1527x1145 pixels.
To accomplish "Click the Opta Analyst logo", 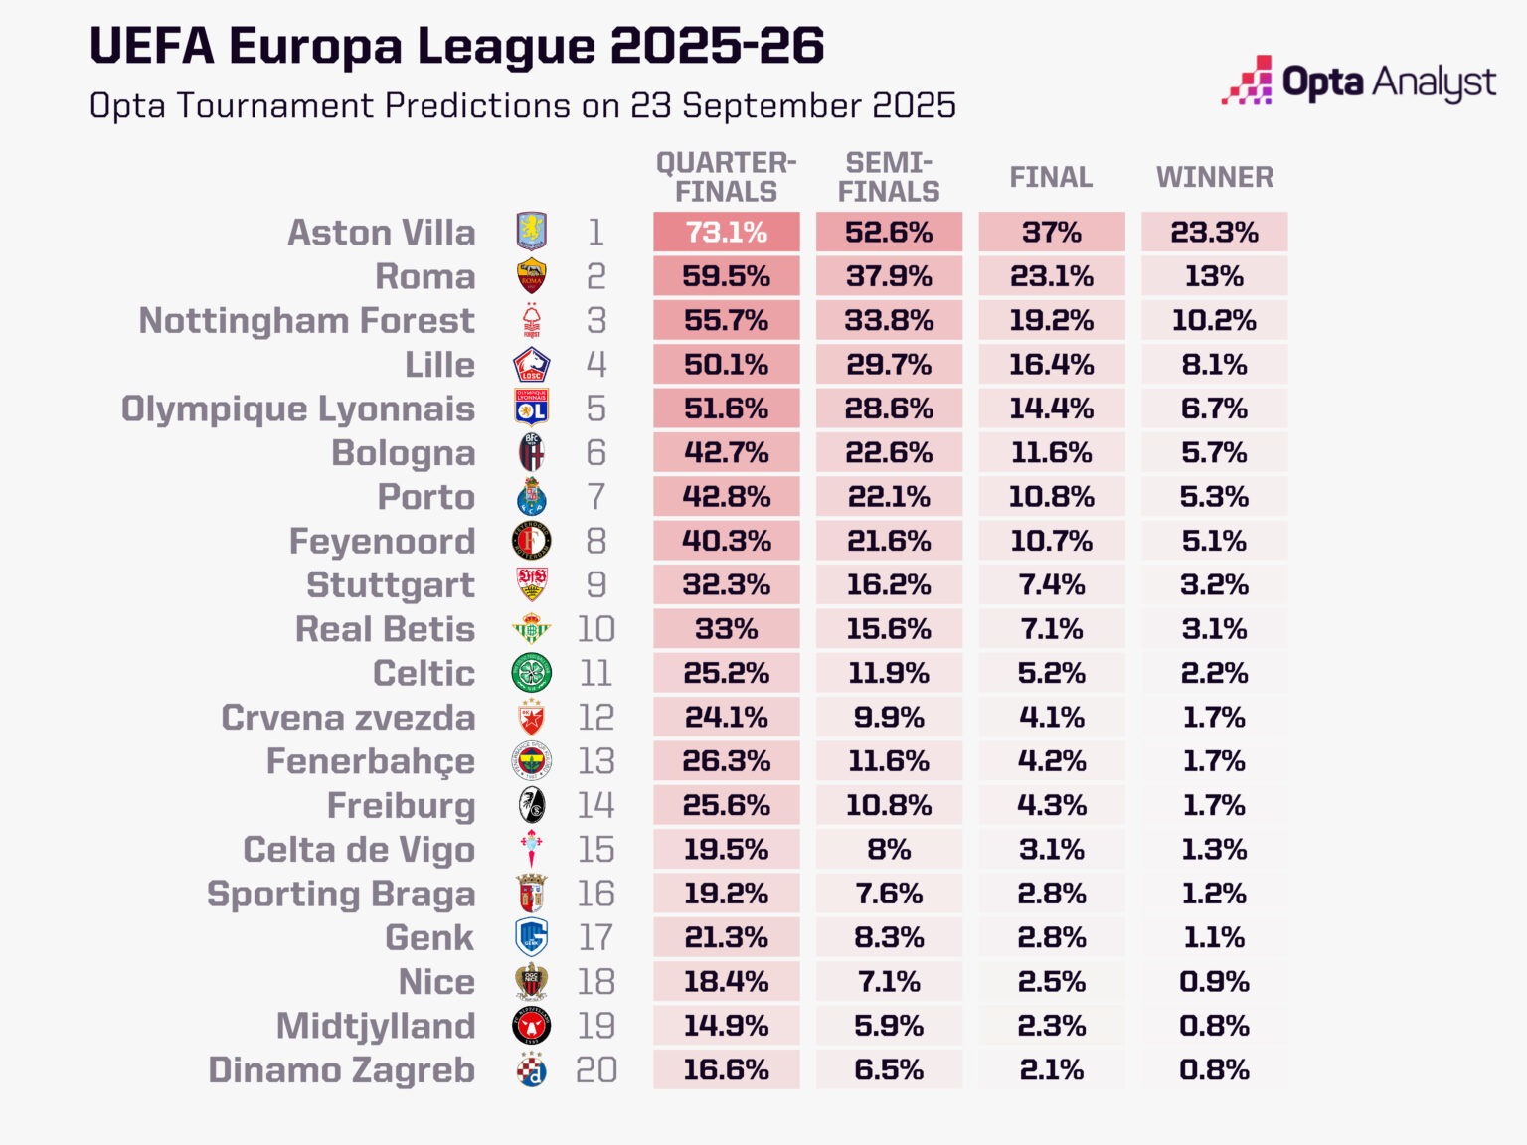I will click(1358, 82).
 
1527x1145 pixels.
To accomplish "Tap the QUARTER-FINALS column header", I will click(726, 177).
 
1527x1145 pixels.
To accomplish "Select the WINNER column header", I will click(1214, 177).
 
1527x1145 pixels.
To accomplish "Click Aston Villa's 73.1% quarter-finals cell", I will click(726, 232).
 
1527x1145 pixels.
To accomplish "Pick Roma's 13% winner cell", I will click(1214, 276).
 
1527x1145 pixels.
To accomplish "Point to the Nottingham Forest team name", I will click(306, 320).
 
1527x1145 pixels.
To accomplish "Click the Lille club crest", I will click(532, 365).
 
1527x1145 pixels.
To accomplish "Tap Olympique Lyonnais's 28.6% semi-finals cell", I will click(889, 409).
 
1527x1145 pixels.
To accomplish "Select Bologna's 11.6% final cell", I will click(1051, 452).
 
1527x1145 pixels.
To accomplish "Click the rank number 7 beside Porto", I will click(595, 497).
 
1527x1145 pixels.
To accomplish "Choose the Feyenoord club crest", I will click(532, 541).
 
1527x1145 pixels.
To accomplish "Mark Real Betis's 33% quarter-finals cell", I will click(726, 629).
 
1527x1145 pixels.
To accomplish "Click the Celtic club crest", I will click(532, 673).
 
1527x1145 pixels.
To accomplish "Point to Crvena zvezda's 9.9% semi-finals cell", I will click(889, 717).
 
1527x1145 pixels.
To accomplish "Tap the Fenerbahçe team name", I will click(371, 761).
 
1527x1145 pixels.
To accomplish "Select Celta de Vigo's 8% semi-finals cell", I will click(889, 850).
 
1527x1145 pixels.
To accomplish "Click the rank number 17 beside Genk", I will click(595, 937).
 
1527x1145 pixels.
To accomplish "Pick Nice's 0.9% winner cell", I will click(1214, 982).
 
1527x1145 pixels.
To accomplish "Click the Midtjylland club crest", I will click(532, 1026).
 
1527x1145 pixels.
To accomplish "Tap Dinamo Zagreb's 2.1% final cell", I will click(1051, 1069).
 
